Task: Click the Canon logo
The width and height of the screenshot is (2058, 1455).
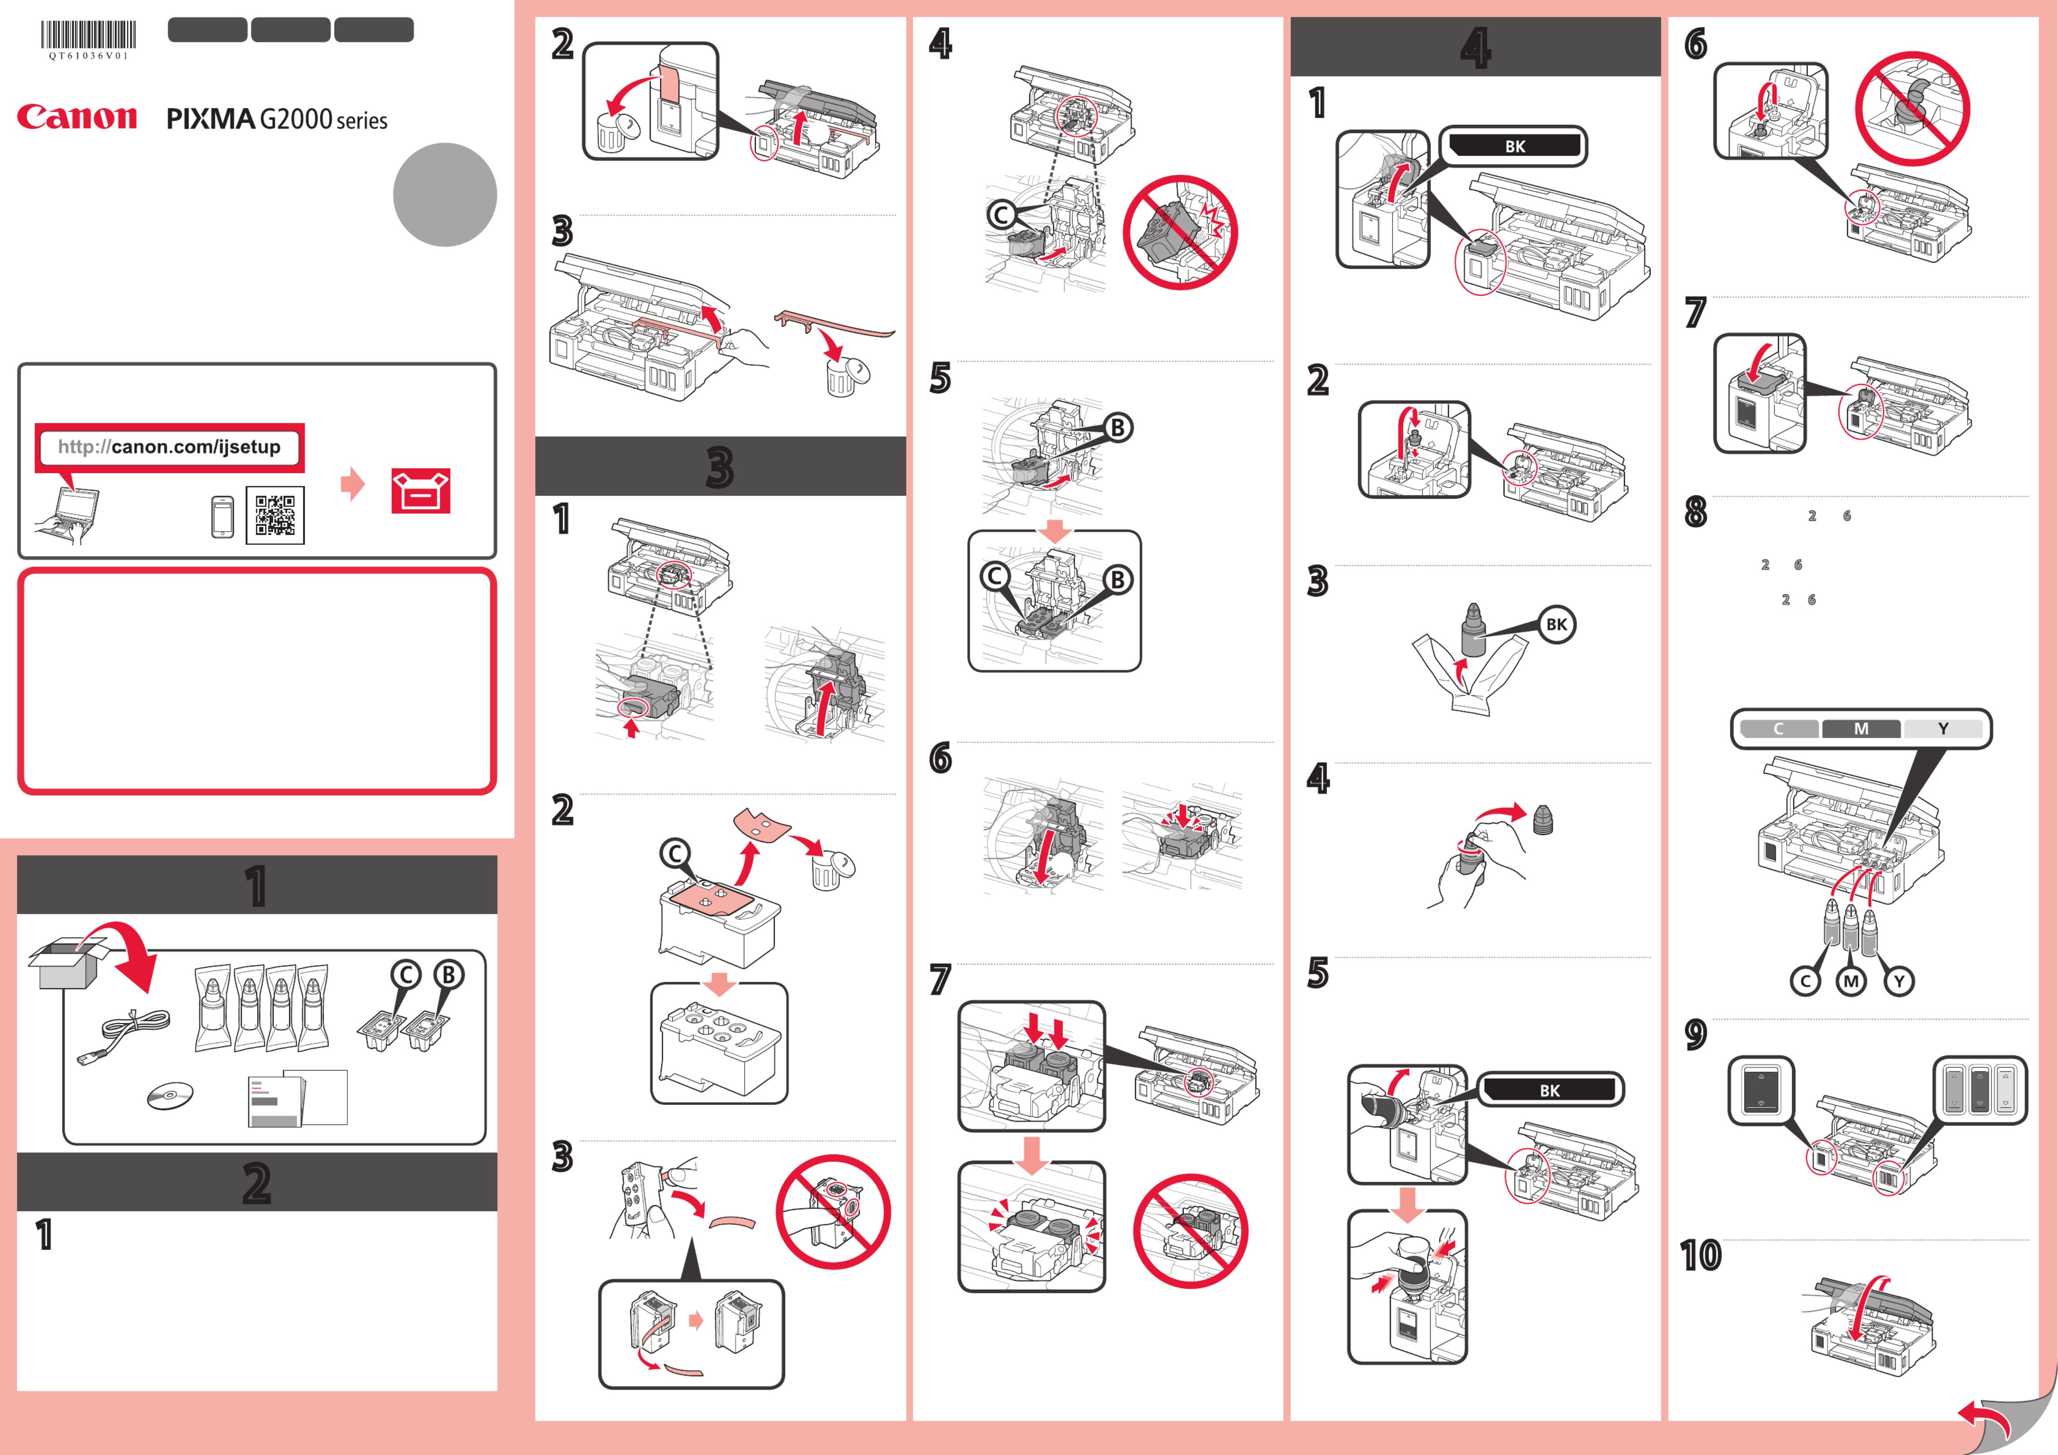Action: (x=77, y=117)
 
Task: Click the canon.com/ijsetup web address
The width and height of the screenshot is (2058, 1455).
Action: (x=170, y=446)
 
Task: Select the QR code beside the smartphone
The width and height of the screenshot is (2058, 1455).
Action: (x=275, y=516)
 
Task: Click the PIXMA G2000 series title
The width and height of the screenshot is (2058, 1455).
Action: (x=277, y=119)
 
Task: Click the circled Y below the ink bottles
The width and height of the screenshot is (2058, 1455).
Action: (x=1899, y=982)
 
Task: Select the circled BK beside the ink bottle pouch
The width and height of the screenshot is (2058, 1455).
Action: (x=1557, y=625)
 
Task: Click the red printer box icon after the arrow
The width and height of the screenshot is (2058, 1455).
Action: (x=420, y=491)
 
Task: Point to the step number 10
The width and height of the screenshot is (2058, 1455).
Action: (x=1701, y=1255)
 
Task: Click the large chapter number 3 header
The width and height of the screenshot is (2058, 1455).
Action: (x=720, y=467)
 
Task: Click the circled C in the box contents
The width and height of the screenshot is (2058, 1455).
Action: (x=405, y=974)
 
